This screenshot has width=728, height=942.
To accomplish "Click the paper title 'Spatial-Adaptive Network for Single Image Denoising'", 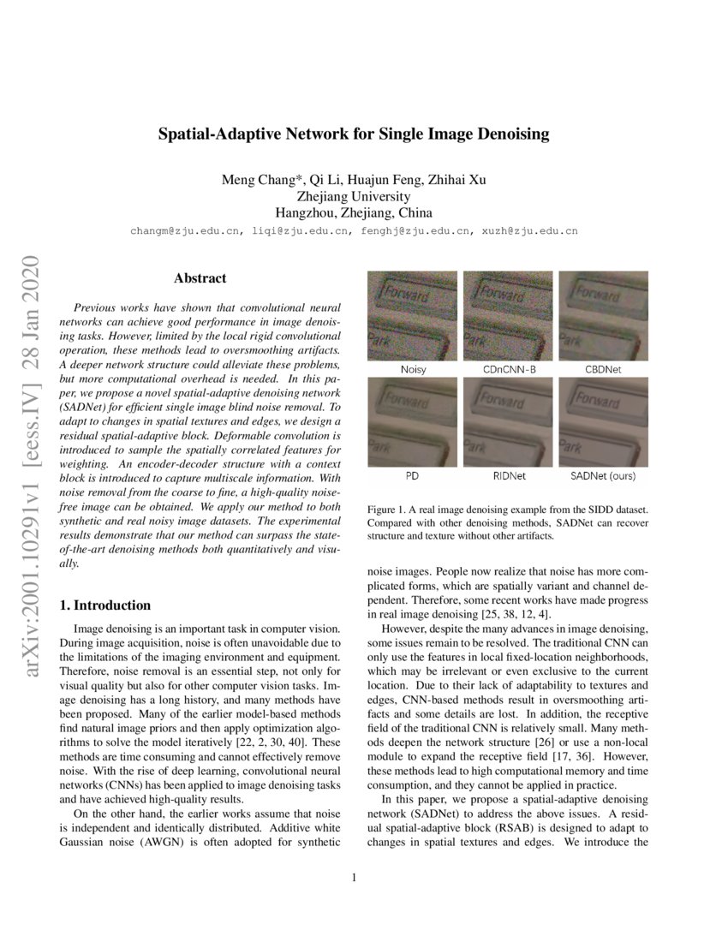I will click(x=353, y=134).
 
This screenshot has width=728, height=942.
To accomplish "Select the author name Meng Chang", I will click(x=253, y=180).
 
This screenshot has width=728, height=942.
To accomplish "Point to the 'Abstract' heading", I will click(x=200, y=278).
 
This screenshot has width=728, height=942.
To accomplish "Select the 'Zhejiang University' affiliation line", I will click(x=353, y=196).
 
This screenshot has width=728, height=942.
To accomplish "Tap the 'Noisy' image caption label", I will click(x=414, y=369).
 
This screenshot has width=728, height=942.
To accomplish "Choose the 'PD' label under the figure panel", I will click(x=414, y=474).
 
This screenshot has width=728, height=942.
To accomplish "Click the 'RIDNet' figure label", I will click(x=507, y=474).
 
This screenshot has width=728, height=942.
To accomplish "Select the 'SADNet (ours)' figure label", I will click(x=603, y=474).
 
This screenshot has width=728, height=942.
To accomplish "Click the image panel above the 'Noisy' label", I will click(x=414, y=315).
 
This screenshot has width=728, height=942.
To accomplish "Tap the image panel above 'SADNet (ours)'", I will click(x=603, y=420).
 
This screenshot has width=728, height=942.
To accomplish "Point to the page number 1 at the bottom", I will click(x=354, y=877).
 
